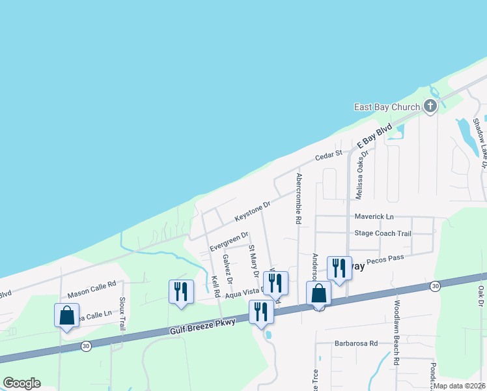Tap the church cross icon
pos(430,106)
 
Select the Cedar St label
pos(329,155)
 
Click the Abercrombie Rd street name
pos(298,199)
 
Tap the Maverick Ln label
pos(374,216)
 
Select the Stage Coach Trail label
pos(383,233)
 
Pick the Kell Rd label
pos(215,287)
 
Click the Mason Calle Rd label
pos(91,284)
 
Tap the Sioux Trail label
pos(122,313)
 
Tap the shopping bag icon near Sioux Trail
pos(66,315)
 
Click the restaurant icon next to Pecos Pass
pos(339,267)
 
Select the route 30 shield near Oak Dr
pos(435,286)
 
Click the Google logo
pos(21,383)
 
